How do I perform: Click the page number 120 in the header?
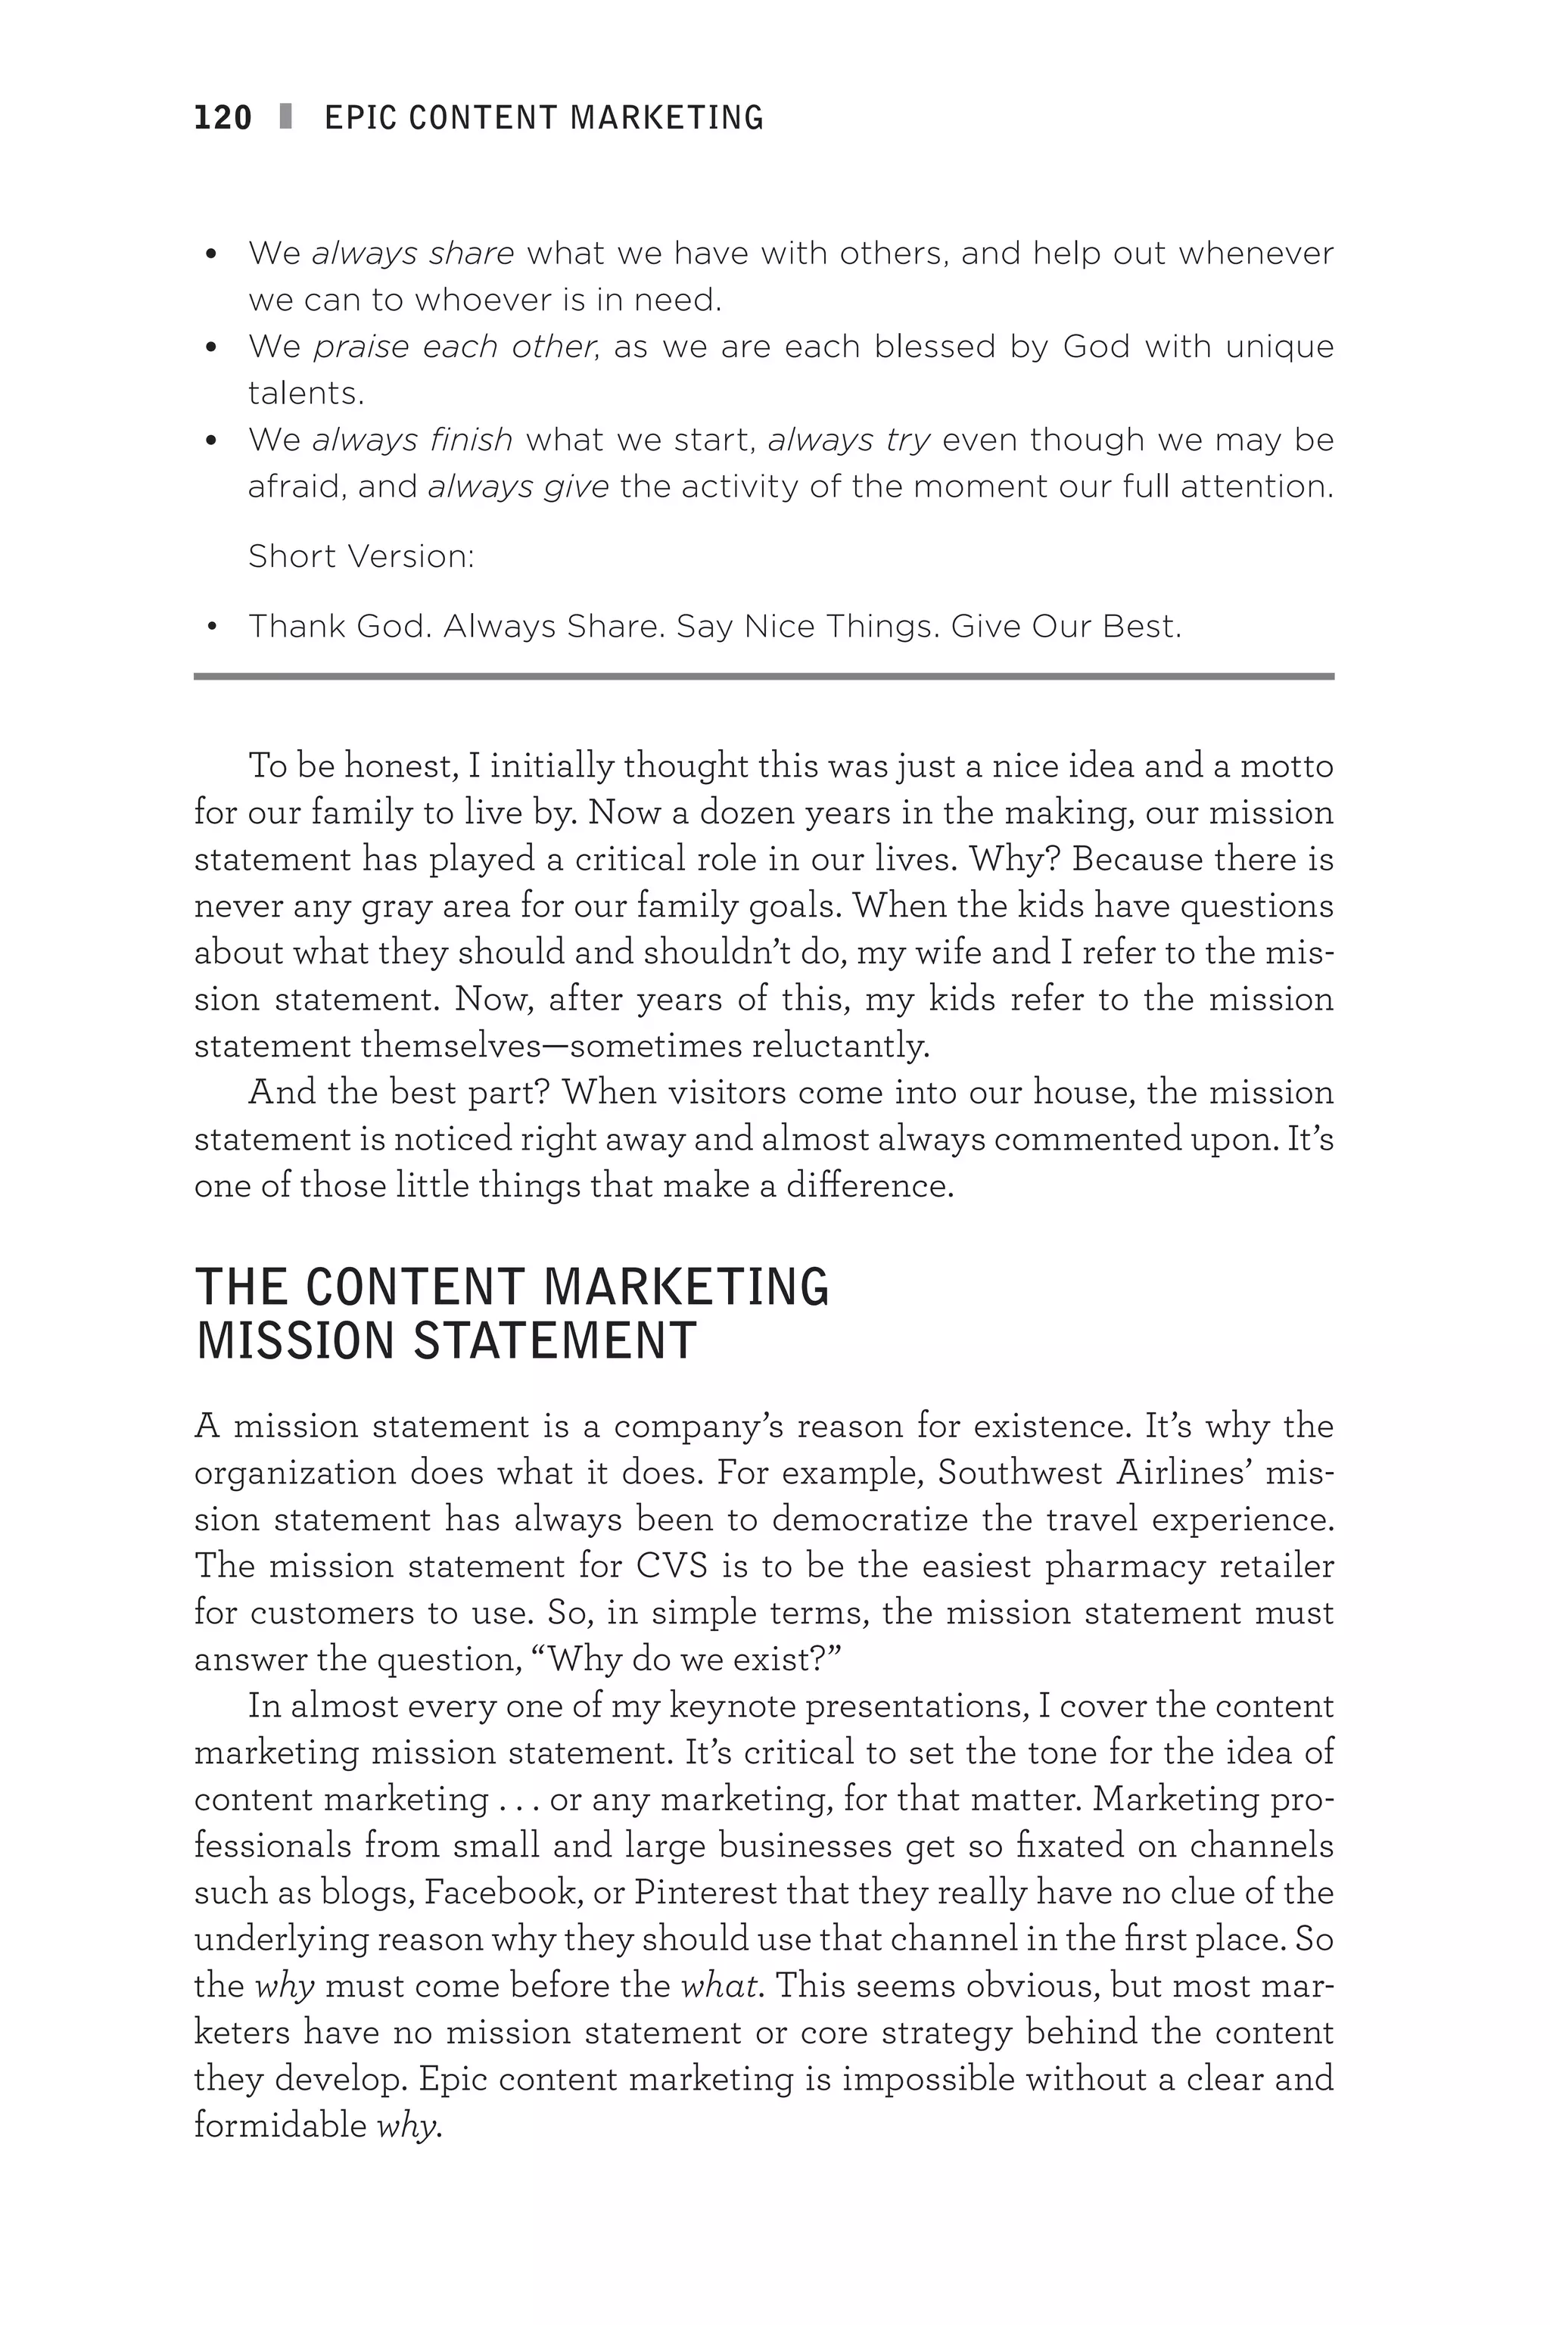pyautogui.click(x=223, y=117)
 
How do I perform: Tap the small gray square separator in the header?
pyautogui.click(x=287, y=117)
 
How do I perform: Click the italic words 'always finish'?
pyautogui.click(x=412, y=440)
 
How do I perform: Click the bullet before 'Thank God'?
pyautogui.click(x=212, y=627)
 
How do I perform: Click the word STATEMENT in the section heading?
pyautogui.click(x=555, y=1341)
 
